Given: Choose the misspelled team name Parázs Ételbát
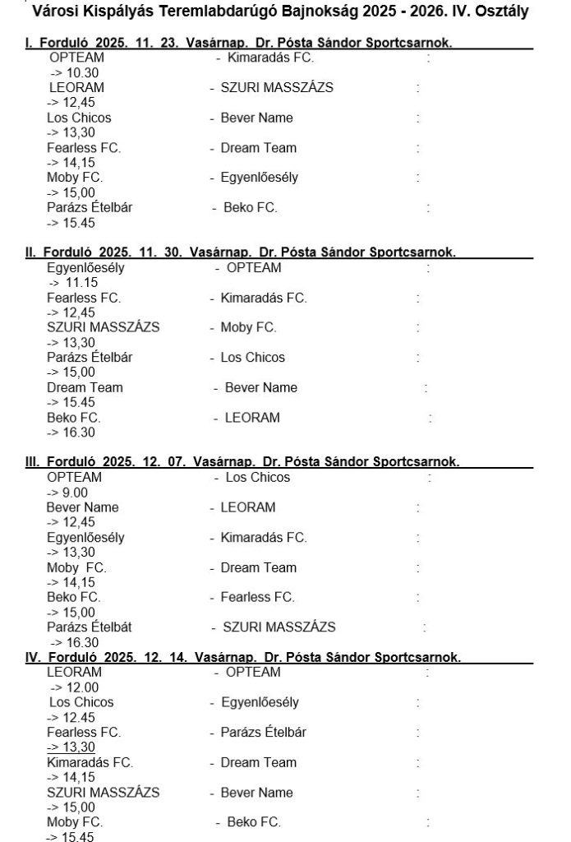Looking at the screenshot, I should [90, 627].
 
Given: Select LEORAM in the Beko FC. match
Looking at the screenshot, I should [252, 418].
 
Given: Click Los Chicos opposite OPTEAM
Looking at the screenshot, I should [258, 477].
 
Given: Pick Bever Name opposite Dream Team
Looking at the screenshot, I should [261, 387].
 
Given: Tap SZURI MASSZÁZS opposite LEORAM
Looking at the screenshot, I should [277, 87].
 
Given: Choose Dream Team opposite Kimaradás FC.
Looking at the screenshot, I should [259, 762].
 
